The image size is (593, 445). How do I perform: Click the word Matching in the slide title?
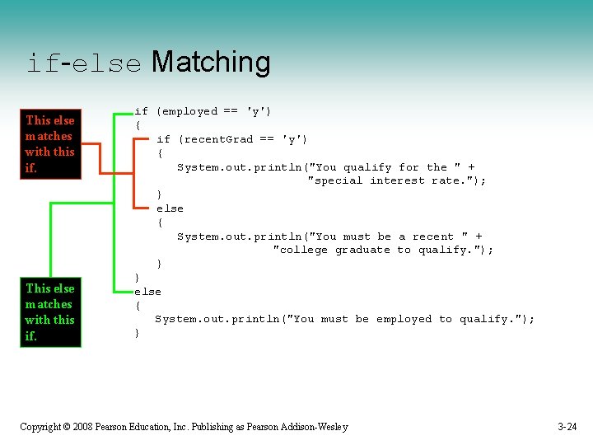point(211,63)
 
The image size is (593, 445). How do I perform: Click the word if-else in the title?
point(84,64)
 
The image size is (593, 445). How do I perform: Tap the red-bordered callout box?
point(50,144)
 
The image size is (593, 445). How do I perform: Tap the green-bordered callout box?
point(50,312)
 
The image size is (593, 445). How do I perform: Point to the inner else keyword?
point(170,208)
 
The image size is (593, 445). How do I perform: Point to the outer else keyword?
point(148,292)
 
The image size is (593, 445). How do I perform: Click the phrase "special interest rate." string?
point(396,180)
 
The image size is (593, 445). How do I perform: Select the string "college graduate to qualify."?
point(383,250)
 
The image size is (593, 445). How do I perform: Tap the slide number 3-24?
point(567,427)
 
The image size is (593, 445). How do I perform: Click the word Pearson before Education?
point(113,427)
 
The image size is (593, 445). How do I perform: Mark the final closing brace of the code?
point(138,333)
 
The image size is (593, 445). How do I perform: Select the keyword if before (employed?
point(142,111)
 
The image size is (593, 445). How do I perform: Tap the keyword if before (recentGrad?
point(163,139)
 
